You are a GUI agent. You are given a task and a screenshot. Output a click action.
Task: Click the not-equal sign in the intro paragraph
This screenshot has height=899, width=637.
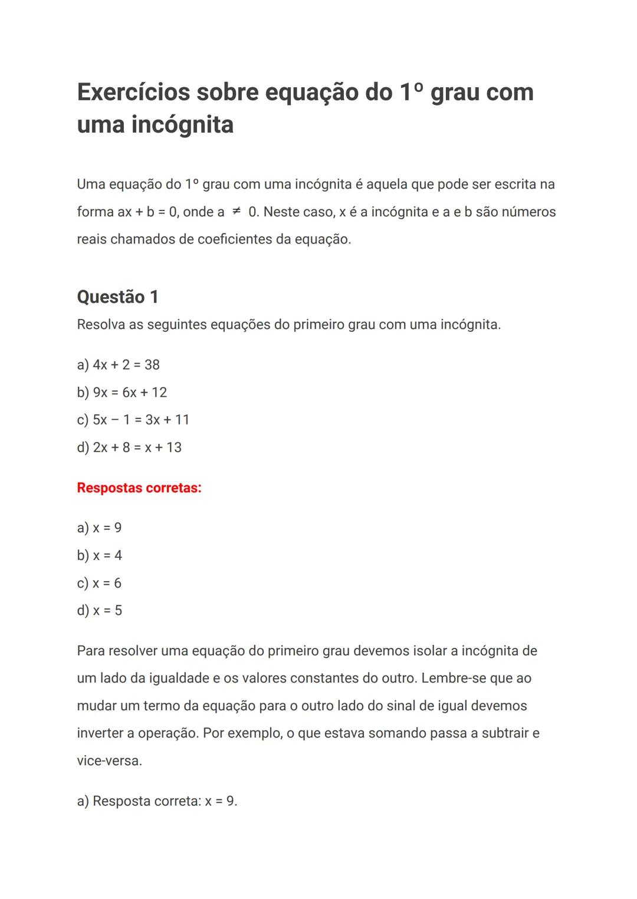[236, 212]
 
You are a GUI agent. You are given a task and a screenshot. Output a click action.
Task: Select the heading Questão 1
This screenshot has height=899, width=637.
[117, 297]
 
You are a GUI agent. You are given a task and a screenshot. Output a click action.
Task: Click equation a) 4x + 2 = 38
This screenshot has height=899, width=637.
[118, 365]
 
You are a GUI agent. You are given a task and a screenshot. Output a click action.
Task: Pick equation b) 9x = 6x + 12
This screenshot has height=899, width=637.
[122, 393]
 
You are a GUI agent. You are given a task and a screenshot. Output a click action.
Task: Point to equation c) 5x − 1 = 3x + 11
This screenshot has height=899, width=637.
[133, 420]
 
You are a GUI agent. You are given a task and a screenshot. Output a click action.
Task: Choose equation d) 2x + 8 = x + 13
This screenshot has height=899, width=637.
[129, 447]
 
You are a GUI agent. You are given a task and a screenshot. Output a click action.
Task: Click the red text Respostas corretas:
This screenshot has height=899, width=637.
[139, 488]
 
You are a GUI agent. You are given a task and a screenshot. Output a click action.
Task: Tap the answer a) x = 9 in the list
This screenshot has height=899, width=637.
[99, 528]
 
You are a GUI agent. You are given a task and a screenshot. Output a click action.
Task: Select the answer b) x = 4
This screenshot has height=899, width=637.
[99, 555]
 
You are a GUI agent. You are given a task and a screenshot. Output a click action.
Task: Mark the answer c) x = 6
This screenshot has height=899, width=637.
[99, 583]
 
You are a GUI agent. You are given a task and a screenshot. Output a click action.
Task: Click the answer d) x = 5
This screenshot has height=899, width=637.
[99, 611]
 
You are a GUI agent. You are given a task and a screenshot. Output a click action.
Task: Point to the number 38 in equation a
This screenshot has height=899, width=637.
[152, 365]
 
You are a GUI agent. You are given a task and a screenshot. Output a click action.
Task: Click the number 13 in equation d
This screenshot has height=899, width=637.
[174, 447]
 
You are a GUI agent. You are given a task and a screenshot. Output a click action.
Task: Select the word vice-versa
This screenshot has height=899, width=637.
[109, 761]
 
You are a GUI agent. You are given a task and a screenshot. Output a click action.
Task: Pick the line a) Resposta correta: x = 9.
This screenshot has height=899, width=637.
[157, 802]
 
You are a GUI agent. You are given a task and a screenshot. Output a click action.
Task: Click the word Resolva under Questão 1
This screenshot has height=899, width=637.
[101, 325]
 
